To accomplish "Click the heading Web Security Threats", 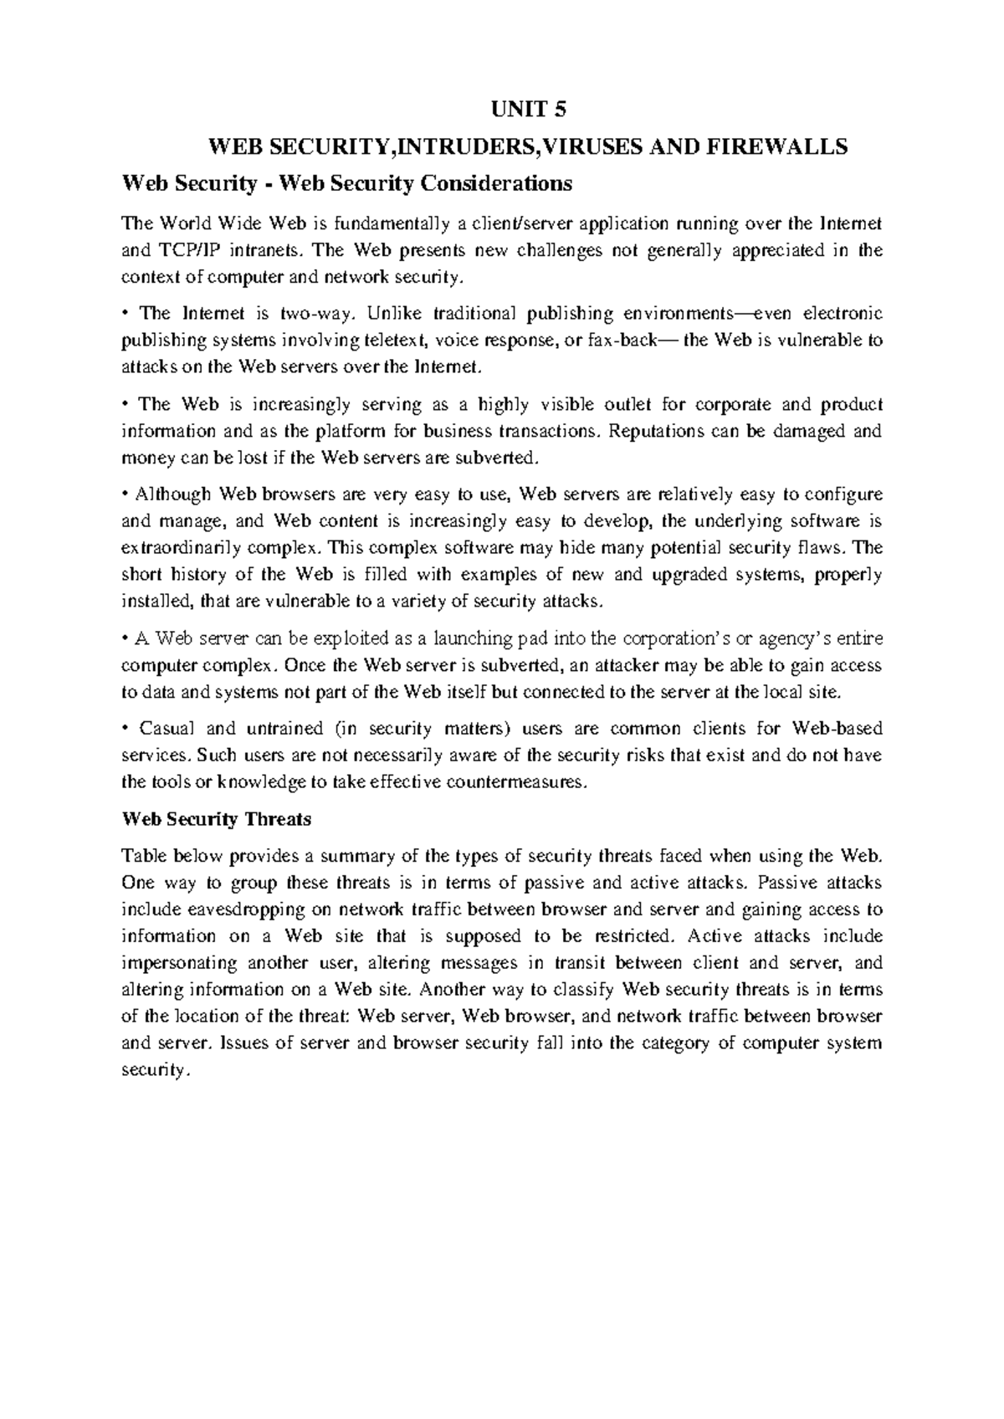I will pyautogui.click(x=216, y=819).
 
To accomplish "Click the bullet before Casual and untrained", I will pyautogui.click(x=125, y=729).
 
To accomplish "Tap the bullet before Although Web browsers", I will pyautogui.click(x=125, y=494).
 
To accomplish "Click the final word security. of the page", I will pyautogui.click(x=156, y=1071).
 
